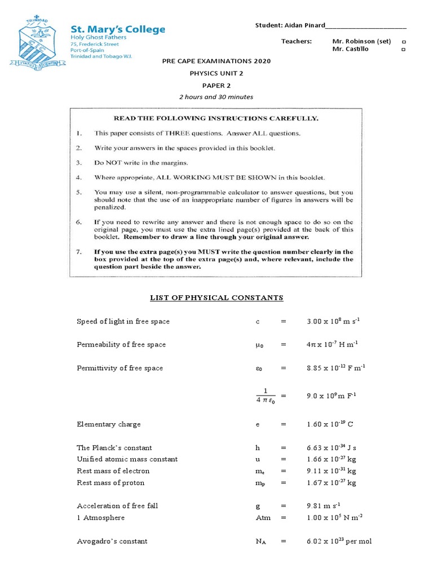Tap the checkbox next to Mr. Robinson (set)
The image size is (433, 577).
(403, 42)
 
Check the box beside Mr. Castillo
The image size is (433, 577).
(403, 50)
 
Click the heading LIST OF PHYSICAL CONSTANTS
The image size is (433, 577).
(216, 298)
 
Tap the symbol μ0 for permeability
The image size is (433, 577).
(259, 345)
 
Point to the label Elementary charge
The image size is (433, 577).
(109, 424)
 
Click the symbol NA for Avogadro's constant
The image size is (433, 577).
(260, 542)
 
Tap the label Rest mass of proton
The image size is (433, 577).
(111, 482)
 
